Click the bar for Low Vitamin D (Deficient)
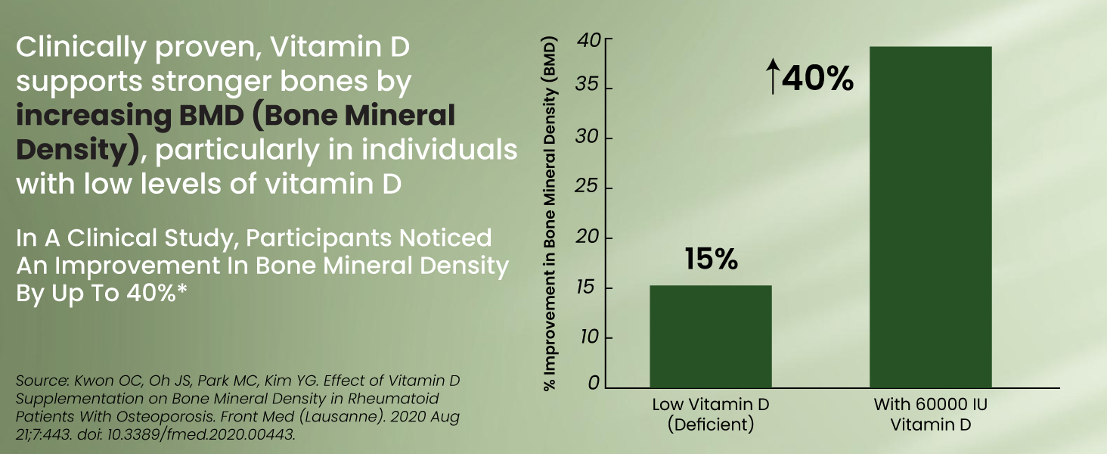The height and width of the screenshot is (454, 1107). (711, 337)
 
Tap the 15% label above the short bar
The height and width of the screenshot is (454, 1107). (711, 259)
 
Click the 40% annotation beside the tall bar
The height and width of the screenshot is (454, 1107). (818, 79)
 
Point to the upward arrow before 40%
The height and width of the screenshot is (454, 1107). (772, 79)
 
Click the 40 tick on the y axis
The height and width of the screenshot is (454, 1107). (591, 39)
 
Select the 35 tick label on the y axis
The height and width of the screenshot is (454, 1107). (591, 88)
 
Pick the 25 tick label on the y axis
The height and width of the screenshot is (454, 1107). (591, 188)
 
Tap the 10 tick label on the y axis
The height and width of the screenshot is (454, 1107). (591, 337)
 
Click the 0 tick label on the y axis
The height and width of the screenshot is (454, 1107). (594, 384)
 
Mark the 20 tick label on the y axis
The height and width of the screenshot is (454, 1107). (591, 238)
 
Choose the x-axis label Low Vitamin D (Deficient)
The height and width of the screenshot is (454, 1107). (711, 414)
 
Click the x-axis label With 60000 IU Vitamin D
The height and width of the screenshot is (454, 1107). (930, 414)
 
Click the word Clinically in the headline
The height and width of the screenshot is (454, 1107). (67, 48)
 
